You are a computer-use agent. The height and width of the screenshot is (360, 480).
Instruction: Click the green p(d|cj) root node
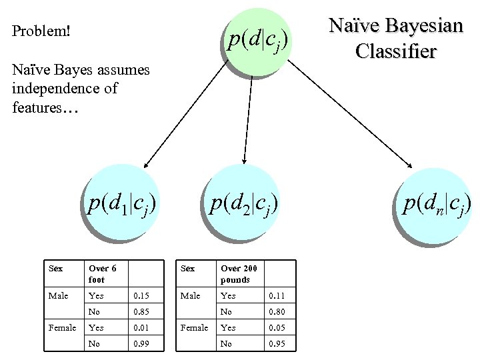tap(257, 41)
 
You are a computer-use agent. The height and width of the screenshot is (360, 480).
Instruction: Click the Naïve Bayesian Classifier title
tap(396, 38)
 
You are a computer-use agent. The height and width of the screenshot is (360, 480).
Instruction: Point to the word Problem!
tap(41, 31)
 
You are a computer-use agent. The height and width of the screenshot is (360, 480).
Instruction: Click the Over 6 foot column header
tap(103, 273)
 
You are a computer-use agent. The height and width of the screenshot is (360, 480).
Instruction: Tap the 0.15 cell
tap(141, 295)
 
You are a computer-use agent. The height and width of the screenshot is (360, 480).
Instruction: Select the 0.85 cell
tap(141, 311)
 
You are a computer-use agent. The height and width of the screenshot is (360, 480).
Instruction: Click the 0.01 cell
tap(141, 327)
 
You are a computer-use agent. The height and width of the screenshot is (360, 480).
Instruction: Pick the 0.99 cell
tap(141, 343)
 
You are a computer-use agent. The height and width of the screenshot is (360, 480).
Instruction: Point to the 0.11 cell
tap(276, 295)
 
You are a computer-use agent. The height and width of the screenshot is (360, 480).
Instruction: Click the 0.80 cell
tap(276, 311)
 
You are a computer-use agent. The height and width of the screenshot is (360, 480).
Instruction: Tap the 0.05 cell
tap(276, 327)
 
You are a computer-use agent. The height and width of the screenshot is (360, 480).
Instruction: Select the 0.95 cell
tap(276, 343)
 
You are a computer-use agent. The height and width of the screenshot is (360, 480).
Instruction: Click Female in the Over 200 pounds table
tap(194, 327)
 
